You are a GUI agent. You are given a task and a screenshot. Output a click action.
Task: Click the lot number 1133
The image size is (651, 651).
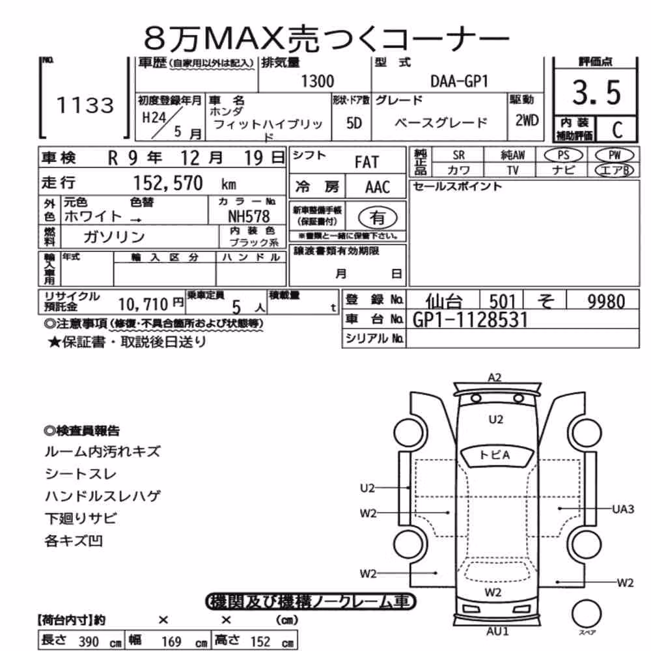point(85,105)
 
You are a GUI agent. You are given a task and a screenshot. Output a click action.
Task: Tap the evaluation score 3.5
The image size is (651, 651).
point(596,92)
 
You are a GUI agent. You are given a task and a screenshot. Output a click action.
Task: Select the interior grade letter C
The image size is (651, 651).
point(617,130)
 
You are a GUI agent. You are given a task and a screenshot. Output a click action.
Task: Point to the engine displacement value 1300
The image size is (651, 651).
point(317,81)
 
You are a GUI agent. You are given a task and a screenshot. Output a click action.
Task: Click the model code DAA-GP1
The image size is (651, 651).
point(459,81)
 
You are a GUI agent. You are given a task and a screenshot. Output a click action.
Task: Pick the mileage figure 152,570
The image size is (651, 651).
point(168,183)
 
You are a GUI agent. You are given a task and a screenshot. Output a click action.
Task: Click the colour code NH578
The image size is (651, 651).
point(249,216)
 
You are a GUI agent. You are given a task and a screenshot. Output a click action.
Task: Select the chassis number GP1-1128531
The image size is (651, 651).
point(471,320)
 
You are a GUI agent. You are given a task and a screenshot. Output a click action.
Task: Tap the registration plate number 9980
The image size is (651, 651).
point(606,301)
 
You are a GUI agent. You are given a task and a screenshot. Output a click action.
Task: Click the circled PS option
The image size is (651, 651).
point(563,156)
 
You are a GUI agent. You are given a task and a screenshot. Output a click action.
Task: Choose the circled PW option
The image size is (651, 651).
point(615,156)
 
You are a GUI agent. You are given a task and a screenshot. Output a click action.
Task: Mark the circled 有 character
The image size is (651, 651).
point(378,217)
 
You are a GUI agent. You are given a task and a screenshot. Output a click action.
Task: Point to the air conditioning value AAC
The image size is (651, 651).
point(378,187)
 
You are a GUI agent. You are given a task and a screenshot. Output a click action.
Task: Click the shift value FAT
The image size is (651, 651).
point(367,162)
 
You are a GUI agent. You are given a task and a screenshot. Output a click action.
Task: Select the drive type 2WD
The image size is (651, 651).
point(527,120)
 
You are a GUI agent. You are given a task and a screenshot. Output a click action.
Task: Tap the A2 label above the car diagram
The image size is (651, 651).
point(495,378)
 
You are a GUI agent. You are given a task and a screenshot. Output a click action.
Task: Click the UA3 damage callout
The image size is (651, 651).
point(623,508)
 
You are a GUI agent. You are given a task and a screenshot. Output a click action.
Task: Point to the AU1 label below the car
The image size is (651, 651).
point(497,631)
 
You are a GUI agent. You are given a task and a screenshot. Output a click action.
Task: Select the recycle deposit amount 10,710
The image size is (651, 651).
point(143,305)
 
